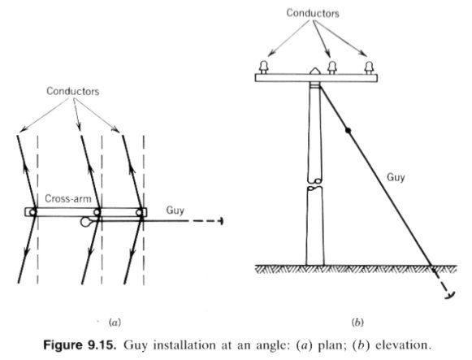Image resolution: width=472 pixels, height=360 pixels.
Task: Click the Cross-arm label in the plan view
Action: pos(68,198)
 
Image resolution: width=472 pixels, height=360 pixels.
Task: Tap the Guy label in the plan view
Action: pos(175,210)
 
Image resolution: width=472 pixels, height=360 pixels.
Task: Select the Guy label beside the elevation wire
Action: pos(396,177)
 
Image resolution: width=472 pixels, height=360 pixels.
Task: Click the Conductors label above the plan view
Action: pos(72,91)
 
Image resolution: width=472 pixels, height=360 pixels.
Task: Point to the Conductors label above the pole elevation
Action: pos(313,13)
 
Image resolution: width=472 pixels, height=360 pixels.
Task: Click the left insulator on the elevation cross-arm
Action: pos(264,67)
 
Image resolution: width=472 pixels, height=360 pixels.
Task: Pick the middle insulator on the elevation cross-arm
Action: pos(332,67)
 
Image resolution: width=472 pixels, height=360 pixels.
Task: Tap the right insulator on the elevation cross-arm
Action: pos(369,67)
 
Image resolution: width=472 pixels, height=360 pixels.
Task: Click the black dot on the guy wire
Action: pos(348,131)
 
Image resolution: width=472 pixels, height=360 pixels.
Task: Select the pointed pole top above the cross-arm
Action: pos(314,71)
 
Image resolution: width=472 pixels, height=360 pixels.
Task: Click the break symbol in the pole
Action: pos(315,184)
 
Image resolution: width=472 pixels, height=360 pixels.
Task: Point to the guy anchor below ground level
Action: pos(449,295)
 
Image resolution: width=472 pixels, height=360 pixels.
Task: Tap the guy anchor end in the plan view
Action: pos(222,221)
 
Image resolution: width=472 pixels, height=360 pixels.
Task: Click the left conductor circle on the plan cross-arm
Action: pos(32,212)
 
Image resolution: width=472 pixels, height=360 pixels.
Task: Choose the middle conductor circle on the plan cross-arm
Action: pos(97,212)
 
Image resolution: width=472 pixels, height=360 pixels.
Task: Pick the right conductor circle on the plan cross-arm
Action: pos(139,212)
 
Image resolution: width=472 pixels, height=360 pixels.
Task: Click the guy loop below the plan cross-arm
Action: pos(84,222)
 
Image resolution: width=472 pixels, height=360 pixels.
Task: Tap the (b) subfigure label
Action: pos(357,323)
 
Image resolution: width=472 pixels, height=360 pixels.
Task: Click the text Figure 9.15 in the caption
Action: pos(80,345)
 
